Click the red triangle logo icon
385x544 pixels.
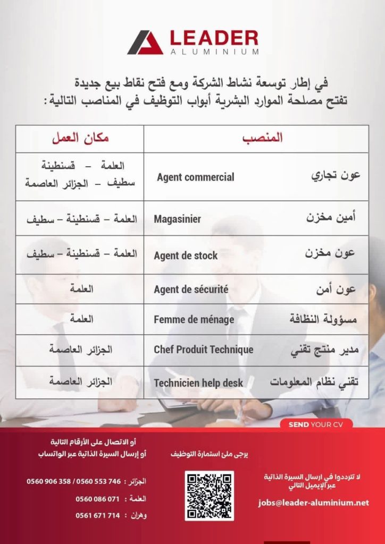coord(145,42)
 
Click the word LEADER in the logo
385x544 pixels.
coord(214,38)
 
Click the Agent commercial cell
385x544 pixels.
coord(195,177)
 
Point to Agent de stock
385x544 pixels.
coord(186,256)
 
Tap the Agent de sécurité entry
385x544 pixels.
coord(191,290)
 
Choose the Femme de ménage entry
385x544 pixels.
coord(194,320)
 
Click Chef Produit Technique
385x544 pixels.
coord(203,350)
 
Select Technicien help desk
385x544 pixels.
coord(198,382)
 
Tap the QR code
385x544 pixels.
coord(209,495)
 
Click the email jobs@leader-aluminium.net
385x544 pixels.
coord(313,502)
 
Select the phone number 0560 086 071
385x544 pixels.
coord(97,499)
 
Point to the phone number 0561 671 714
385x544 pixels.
coord(97,516)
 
